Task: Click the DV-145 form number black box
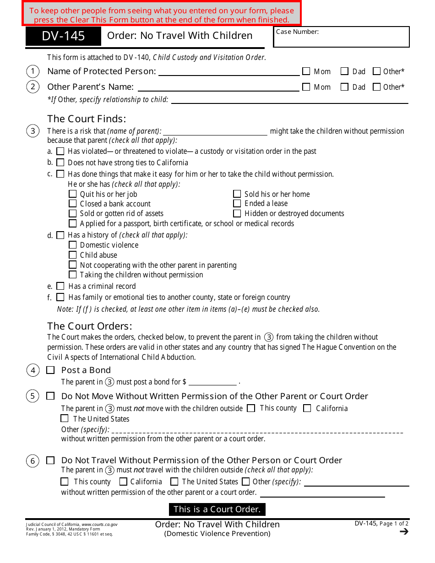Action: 63,36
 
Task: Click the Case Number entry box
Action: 341,37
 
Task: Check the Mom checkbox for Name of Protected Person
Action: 306,71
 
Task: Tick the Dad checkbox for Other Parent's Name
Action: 345,87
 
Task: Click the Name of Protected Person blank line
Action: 228,71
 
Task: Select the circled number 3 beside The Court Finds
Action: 33,131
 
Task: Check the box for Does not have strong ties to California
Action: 60,162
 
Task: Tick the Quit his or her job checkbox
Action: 73,194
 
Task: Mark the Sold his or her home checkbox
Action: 237,194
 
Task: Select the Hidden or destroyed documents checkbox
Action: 237,213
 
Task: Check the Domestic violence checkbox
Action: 73,245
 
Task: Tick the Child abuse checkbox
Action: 73,255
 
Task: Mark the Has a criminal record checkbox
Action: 60,286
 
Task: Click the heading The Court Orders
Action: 90,326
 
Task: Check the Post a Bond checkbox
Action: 50,370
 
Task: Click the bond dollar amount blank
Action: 212,382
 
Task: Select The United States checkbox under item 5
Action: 65,418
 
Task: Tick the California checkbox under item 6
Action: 123,482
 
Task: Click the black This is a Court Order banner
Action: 217,509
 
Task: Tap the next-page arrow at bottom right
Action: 404,531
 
